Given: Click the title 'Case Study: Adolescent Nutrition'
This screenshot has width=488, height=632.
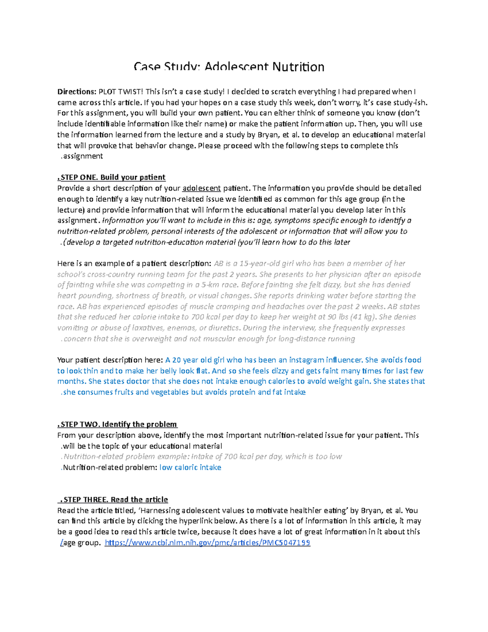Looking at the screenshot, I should [x=229, y=67].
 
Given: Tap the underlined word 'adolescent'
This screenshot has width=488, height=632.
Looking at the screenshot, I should [x=202, y=188].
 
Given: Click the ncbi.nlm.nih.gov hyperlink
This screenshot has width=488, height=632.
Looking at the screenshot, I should [x=207, y=543].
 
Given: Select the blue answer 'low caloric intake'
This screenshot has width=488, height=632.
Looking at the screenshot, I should [x=190, y=468].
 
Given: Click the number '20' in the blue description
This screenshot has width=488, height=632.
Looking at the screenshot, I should [x=176, y=360].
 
